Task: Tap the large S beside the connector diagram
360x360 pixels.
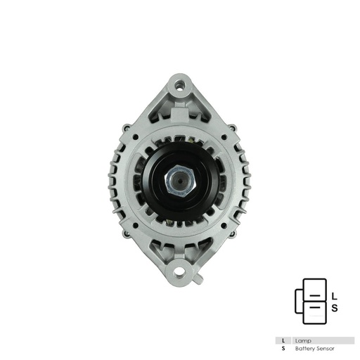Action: (x=335, y=307)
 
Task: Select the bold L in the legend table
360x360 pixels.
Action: (x=283, y=340)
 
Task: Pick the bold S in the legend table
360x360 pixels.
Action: (x=283, y=348)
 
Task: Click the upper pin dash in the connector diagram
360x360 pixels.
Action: (x=317, y=293)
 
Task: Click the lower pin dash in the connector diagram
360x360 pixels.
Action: (x=317, y=307)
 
